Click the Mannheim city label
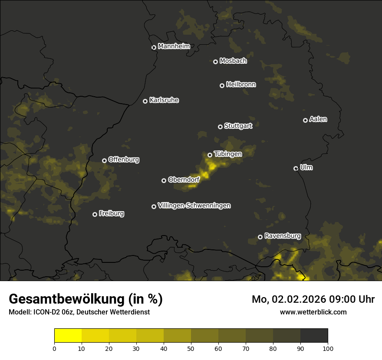pos(174,46)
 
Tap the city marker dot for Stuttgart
pos(220,127)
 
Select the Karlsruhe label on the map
pos(164,100)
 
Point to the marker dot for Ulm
pos(296,168)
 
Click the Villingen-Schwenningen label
pos(194,206)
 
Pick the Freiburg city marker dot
pos(95,214)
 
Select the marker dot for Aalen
pos(305,120)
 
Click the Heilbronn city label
pos(241,85)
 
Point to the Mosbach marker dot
pos(215,62)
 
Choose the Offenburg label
pos(124,160)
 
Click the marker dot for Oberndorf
pos(164,180)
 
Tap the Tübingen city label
pos(228,154)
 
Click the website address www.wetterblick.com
pos(313,312)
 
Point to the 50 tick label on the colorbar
pos(191,348)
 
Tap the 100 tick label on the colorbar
pos(328,348)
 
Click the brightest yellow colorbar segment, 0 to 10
pos(68,336)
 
